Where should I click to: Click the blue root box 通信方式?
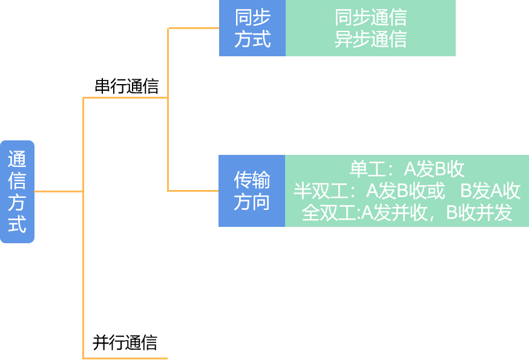click(17, 191)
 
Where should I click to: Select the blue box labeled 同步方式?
click(252, 28)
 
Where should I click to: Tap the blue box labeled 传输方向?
click(252, 191)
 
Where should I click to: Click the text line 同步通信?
click(370, 17)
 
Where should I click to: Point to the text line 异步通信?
click(370, 39)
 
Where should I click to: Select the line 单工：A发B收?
click(407, 169)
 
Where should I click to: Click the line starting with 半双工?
click(407, 191)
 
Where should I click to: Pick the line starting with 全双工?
click(407, 213)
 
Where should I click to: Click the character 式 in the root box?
click(17, 224)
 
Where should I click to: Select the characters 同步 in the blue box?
click(252, 18)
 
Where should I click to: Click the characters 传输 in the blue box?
click(252, 180)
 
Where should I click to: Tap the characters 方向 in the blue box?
click(252, 202)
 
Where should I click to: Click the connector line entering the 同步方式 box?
click(194, 28)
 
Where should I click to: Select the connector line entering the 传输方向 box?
click(194, 191)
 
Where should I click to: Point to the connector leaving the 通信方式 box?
click(58, 191)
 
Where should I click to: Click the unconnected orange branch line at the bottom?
click(125, 358)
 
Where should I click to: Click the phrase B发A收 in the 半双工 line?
click(490, 191)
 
